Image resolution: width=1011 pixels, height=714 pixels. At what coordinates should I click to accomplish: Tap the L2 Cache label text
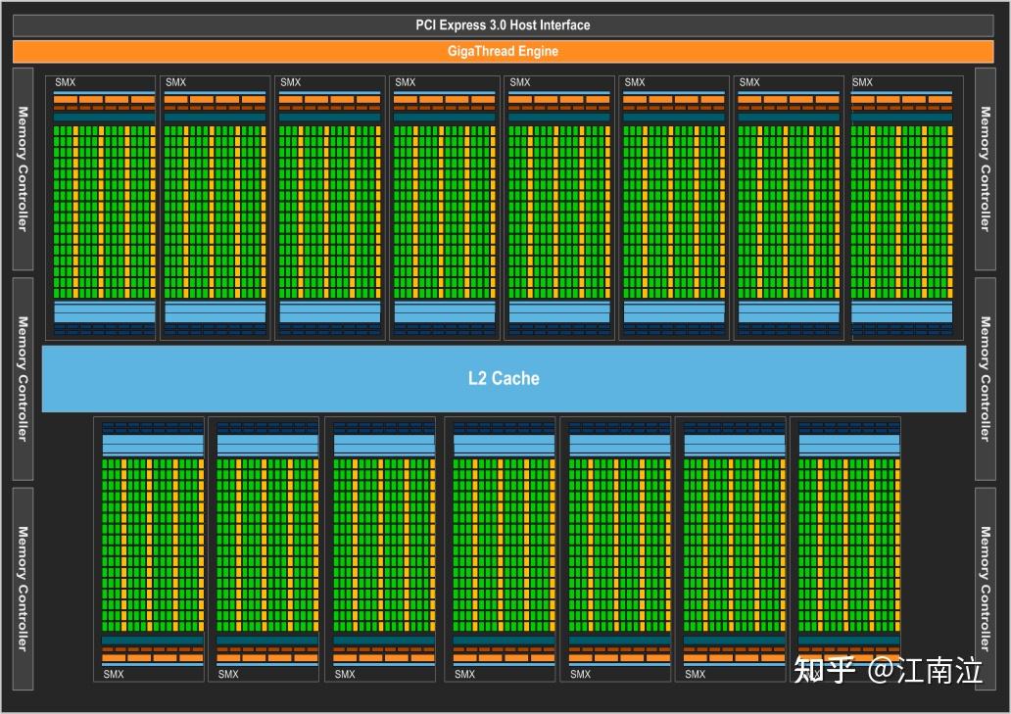click(503, 378)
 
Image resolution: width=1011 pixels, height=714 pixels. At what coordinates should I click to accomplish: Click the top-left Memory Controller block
click(23, 168)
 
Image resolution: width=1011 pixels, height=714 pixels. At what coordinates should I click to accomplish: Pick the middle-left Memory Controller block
click(23, 378)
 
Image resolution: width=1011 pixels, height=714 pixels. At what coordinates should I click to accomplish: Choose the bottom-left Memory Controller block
click(23, 588)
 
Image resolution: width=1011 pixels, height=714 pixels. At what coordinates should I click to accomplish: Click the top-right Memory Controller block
click(986, 168)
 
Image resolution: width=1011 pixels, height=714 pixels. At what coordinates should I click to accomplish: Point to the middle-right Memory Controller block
click(986, 378)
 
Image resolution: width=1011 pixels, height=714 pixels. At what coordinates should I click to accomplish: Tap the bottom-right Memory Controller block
click(986, 588)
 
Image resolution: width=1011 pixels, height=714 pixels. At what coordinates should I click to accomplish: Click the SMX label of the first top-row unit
click(65, 82)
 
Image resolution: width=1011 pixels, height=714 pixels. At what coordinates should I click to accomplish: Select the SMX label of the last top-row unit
click(862, 82)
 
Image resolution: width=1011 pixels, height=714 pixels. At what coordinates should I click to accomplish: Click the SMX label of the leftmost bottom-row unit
click(114, 674)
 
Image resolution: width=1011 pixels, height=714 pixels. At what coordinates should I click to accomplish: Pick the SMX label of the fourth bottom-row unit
click(464, 674)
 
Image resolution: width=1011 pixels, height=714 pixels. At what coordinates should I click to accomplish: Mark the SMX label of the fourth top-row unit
click(406, 82)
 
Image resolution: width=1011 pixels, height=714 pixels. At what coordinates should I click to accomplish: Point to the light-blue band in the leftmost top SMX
click(104, 311)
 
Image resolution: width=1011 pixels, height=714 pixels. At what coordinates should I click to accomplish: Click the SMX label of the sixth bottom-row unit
click(695, 674)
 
